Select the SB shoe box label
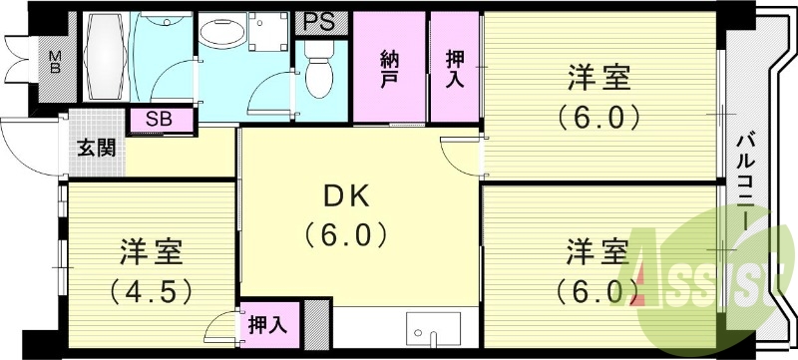pyautogui.click(x=158, y=120)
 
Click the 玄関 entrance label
pyautogui.click(x=97, y=149)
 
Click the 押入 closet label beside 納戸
pyautogui.click(x=455, y=69)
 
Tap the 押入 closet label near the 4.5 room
pyautogui.click(x=266, y=324)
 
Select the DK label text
pyautogui.click(x=345, y=196)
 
